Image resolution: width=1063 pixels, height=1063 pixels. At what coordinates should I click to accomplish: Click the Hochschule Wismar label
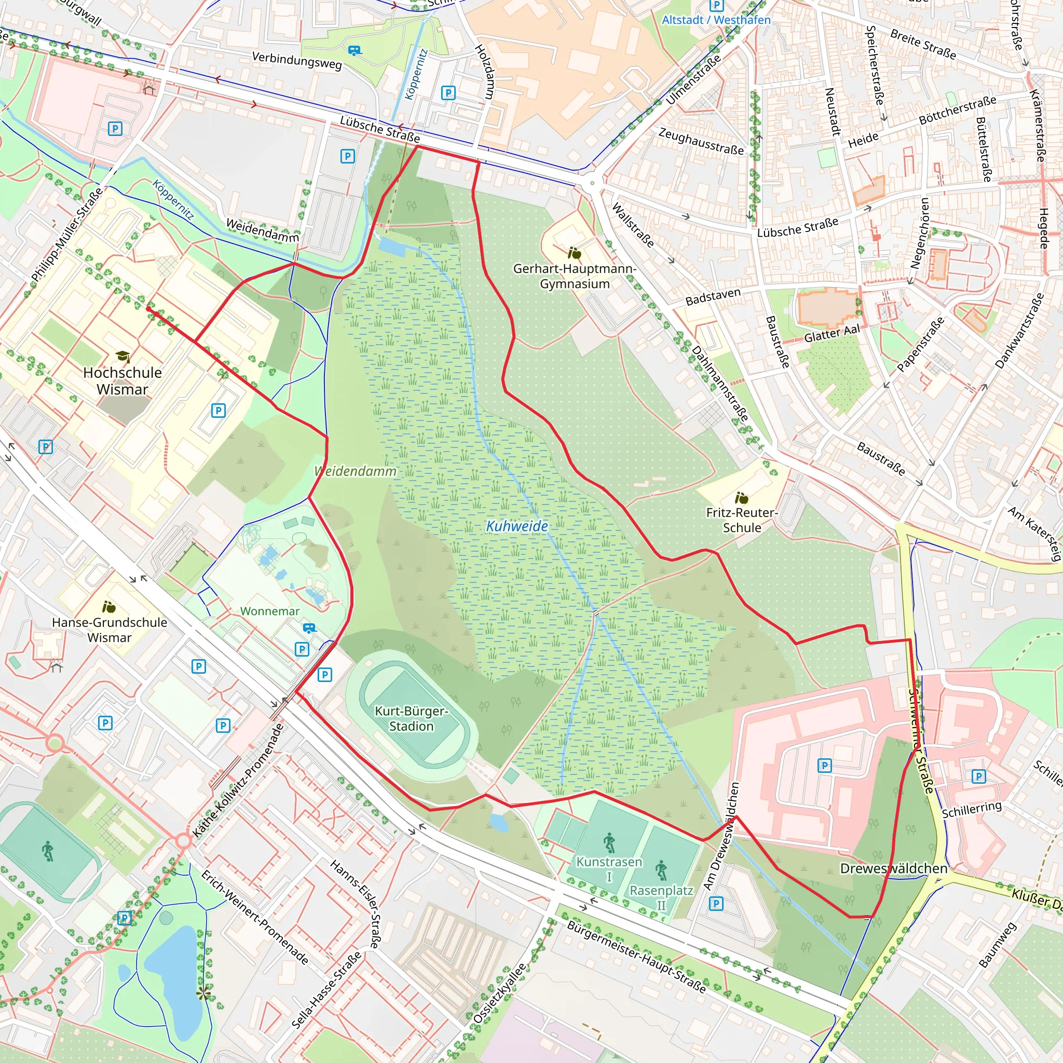tap(122, 381)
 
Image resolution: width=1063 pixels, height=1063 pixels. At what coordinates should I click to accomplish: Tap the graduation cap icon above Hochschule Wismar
tap(122, 356)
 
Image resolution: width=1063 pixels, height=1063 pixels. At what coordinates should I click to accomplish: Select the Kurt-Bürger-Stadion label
tap(411, 718)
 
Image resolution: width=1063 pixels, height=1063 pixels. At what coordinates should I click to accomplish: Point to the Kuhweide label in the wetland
tap(516, 526)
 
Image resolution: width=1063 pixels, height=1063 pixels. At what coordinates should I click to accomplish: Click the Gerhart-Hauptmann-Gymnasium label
tap(575, 276)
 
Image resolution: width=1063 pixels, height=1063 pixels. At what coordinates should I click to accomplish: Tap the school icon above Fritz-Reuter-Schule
tap(741, 498)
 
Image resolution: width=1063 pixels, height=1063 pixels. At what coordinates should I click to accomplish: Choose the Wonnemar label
tap(269, 611)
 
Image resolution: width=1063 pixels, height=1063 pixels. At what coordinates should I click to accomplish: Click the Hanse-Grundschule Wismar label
tap(110, 630)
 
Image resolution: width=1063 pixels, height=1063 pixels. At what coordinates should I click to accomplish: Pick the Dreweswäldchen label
tap(894, 868)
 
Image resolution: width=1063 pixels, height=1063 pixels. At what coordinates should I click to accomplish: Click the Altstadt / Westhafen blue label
tap(716, 20)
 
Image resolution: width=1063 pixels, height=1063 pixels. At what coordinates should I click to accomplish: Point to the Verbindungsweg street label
tap(297, 60)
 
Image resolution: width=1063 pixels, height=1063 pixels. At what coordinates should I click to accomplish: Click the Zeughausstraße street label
tap(701, 141)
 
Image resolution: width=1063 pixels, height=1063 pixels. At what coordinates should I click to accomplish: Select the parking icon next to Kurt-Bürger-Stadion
tap(324, 675)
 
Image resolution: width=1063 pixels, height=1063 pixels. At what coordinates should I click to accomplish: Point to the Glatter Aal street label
tap(832, 333)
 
